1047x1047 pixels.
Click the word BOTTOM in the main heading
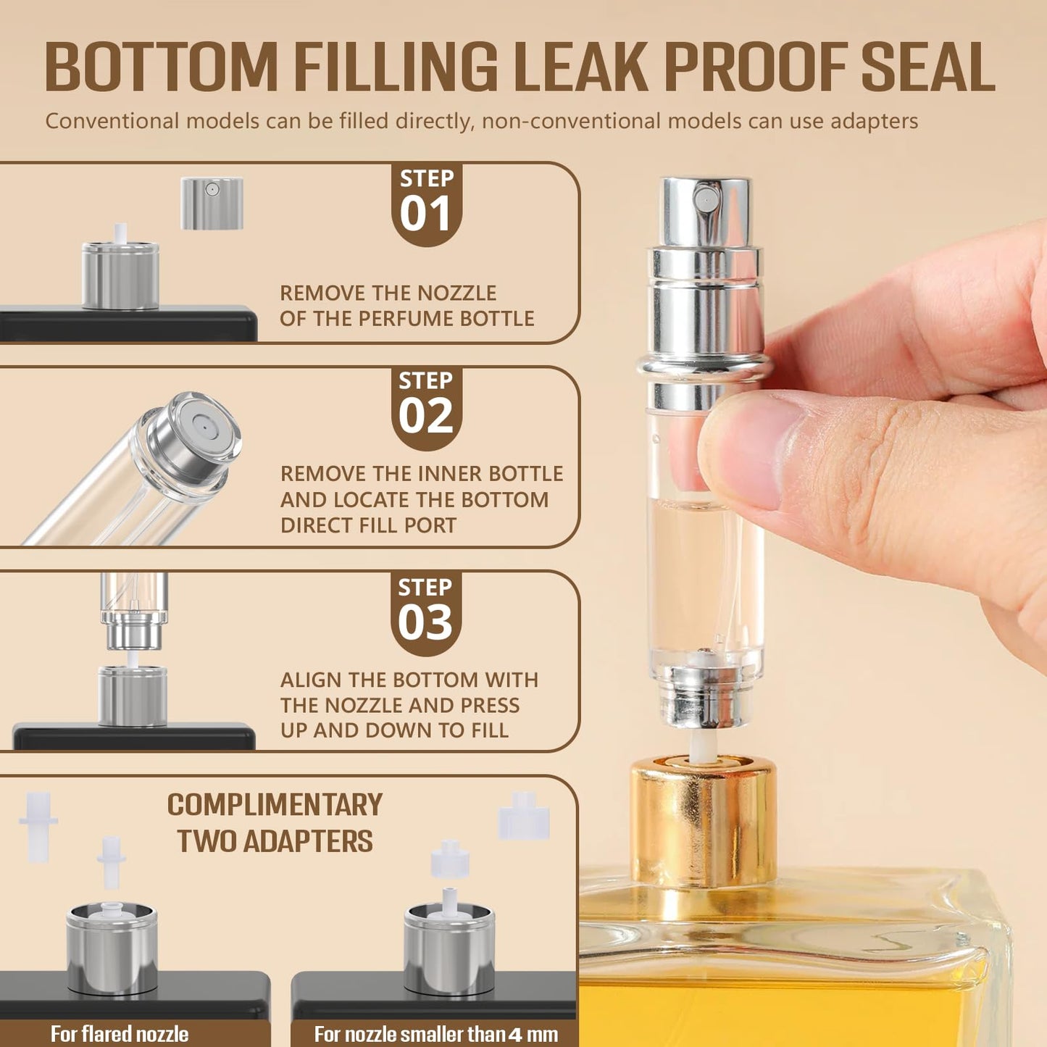point(161,67)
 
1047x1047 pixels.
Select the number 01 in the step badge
point(426,214)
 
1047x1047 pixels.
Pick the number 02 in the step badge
point(426,417)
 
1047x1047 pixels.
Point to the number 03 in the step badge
point(426,622)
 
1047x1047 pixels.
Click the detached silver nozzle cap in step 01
point(212,204)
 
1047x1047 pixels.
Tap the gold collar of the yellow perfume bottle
point(704,819)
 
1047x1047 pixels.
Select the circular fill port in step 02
point(204,430)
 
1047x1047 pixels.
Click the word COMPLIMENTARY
point(275,805)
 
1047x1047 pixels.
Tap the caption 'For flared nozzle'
point(120,1033)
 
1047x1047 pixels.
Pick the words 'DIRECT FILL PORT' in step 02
point(368,525)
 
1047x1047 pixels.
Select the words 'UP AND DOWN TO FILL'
point(394,730)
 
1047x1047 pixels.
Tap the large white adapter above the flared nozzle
point(38,826)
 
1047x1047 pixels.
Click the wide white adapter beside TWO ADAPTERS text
point(524,816)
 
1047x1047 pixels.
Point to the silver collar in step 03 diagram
point(133,696)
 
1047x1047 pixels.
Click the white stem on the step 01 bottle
point(121,233)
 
